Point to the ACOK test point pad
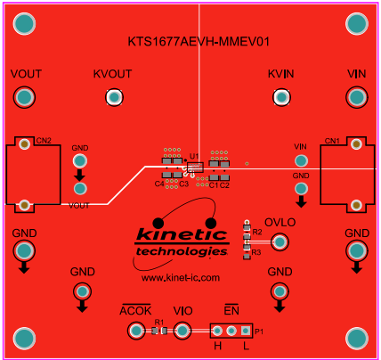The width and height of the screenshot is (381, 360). coord(136,331)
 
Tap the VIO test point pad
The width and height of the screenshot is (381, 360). coord(182,331)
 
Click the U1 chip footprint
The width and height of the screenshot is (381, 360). coord(194,167)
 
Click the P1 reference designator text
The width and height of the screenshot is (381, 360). coord(259,331)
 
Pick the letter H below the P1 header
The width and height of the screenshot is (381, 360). coord(217,346)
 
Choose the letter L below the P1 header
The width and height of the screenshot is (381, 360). coord(246,346)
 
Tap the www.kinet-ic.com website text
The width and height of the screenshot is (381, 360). coord(180,277)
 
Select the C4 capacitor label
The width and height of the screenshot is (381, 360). coord(158,184)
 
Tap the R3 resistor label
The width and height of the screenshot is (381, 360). coord(256,253)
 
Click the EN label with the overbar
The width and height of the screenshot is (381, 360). coord(231,310)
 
